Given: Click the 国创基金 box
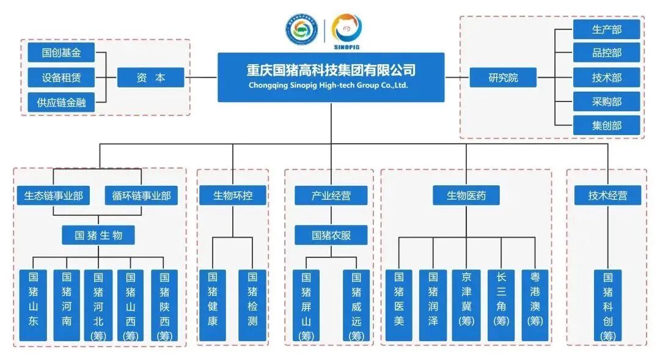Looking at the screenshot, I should [62, 53].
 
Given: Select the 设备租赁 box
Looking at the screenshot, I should [62, 78].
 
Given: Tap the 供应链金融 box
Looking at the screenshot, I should [62, 103].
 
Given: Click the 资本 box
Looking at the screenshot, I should [150, 78].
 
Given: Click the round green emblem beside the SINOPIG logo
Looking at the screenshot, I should [301, 28].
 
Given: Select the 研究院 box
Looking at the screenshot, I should [503, 78].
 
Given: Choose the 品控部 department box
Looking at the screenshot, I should [606, 53].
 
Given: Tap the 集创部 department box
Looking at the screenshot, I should [606, 125].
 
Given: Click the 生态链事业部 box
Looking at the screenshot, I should [54, 196].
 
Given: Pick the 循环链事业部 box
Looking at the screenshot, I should [141, 196].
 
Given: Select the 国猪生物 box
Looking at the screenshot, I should [98, 235].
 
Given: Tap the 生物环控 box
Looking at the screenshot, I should [232, 196].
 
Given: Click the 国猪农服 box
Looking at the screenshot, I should [331, 235].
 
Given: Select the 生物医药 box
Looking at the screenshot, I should [466, 196].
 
